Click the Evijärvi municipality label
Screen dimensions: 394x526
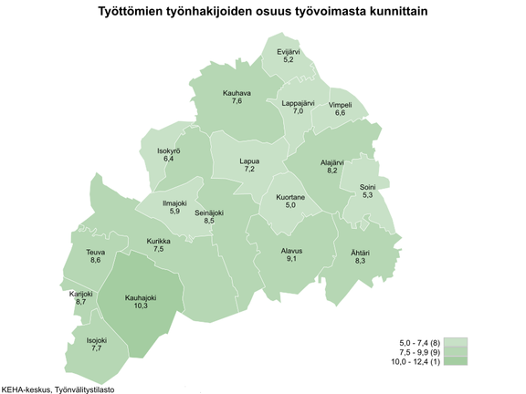click(x=289, y=52)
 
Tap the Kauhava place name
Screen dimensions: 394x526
click(x=237, y=92)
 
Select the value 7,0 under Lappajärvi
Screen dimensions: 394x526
click(x=298, y=111)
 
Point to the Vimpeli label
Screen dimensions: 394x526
click(x=340, y=105)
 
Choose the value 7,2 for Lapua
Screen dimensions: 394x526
click(x=248, y=170)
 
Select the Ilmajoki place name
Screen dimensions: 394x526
click(x=174, y=202)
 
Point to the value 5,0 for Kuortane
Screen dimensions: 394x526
click(x=290, y=205)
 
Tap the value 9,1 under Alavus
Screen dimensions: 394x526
click(x=291, y=259)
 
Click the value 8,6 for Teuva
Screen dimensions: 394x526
click(x=95, y=261)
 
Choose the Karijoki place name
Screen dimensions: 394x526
click(x=81, y=294)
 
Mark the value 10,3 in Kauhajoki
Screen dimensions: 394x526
click(x=141, y=306)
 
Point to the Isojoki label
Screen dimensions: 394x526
click(x=97, y=340)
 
